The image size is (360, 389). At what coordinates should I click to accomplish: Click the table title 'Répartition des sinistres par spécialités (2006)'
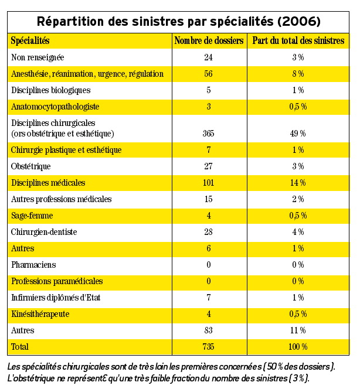coord(179,22)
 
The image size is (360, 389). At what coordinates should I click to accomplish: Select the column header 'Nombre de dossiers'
coord(208,41)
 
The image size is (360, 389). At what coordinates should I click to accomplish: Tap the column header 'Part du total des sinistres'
coord(298,41)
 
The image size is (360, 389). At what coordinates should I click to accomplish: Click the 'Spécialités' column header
coord(30,41)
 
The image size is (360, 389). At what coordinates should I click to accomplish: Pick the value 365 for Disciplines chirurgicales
coord(208,134)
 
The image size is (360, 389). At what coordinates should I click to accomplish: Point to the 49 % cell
coord(298,134)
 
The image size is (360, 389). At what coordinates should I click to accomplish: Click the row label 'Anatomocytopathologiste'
coord(55,107)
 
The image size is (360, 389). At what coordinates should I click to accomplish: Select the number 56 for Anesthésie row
coord(208,74)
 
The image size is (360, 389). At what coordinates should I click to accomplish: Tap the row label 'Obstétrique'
coord(31,166)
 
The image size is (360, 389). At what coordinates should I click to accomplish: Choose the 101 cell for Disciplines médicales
coord(208,183)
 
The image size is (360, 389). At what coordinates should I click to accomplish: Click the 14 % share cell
coord(298,183)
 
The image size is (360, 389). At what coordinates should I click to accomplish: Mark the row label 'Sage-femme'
coord(32,216)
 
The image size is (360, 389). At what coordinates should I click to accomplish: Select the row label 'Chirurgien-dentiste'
coord(44,232)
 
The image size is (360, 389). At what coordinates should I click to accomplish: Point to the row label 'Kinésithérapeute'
coord(40,314)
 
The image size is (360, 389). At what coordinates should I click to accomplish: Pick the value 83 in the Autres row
coord(208,330)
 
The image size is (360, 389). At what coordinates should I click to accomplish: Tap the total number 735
coord(208,347)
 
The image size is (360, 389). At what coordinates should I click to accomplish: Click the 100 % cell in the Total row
coord(298,347)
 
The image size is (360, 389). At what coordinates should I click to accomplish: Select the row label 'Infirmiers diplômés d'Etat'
coord(56,298)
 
